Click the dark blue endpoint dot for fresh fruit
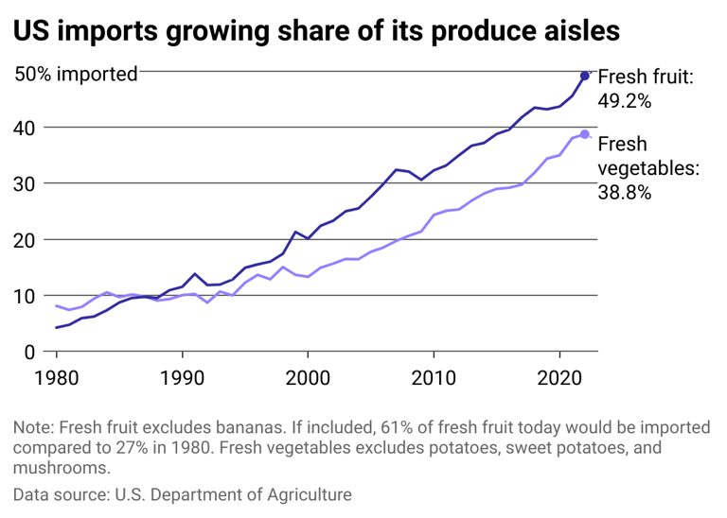point(585,76)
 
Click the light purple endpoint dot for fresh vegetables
point(585,134)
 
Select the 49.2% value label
point(625,100)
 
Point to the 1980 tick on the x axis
point(57,377)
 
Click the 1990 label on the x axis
point(182,377)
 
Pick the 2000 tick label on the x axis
point(308,377)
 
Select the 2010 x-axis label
point(434,377)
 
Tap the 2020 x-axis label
point(559,377)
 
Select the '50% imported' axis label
point(76,73)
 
